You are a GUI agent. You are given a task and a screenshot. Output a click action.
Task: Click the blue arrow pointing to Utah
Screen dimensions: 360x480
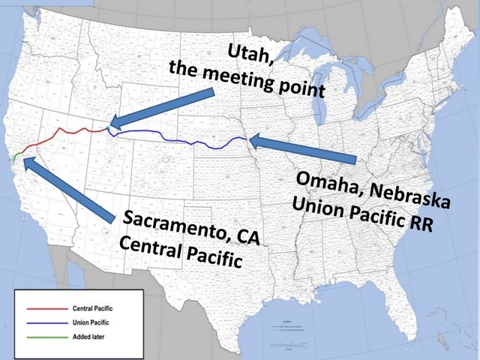click(x=161, y=107)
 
